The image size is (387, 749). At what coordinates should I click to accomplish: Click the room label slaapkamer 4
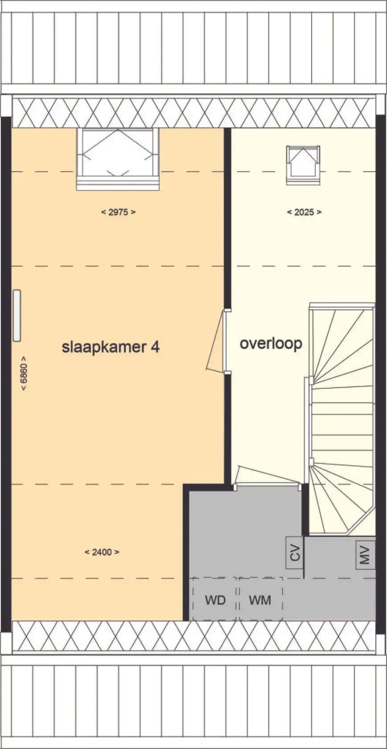coord(111,347)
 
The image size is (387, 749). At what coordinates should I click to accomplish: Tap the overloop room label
coord(271,343)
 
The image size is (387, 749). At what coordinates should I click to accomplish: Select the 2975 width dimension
coord(118,212)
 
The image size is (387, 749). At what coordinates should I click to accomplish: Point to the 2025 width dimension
coord(304,212)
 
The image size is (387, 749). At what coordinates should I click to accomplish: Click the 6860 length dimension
coord(24,373)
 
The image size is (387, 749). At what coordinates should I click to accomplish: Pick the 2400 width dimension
coord(102,552)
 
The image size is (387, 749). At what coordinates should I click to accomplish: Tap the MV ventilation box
coord(365,555)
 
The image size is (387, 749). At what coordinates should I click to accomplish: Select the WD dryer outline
coord(214,598)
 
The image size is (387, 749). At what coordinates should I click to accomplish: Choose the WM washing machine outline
coord(261,598)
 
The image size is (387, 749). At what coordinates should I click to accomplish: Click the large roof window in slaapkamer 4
coord(118,159)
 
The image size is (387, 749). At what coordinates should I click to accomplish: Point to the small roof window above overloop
coord(303,165)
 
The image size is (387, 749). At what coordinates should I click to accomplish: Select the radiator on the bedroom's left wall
coord(17,316)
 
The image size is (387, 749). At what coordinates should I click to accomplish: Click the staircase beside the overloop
coord(341,418)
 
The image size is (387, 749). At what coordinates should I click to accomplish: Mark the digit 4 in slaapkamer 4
coord(155,347)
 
